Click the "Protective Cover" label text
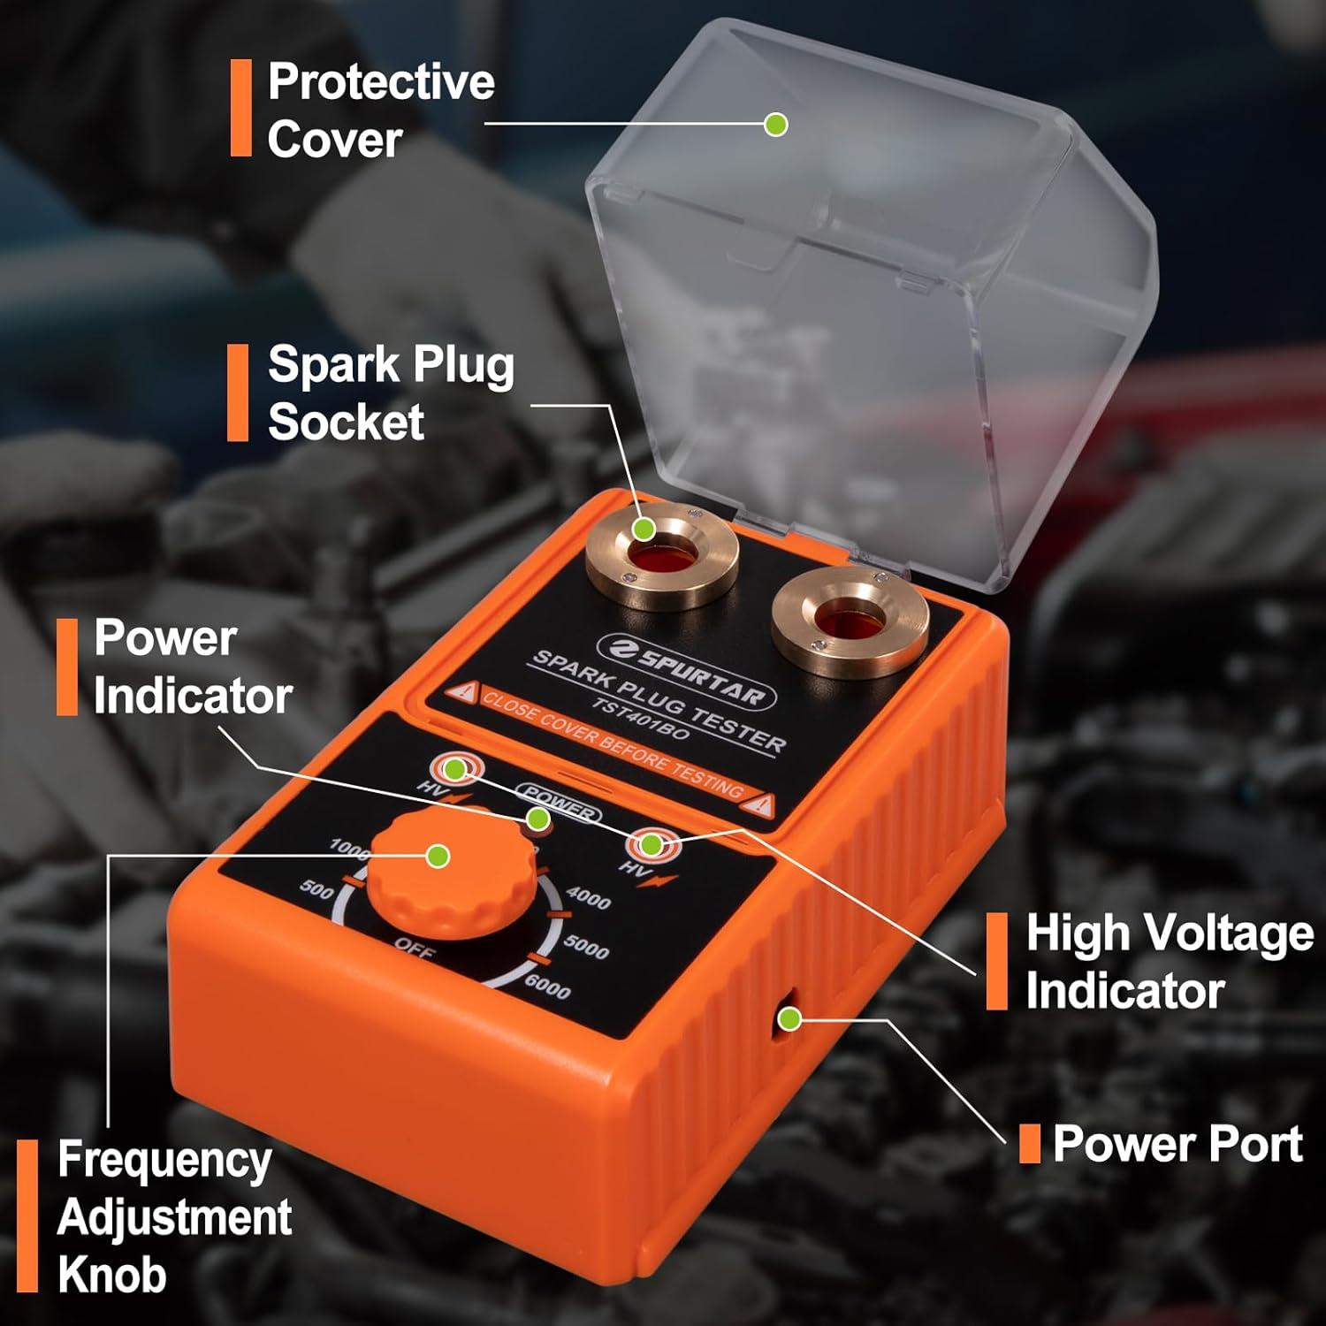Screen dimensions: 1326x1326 point(380,110)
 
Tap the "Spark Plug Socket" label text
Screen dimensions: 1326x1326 point(390,392)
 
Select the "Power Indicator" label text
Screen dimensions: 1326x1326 point(192,667)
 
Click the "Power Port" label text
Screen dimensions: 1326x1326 point(1177,1144)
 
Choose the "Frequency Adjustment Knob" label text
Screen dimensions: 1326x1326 point(173,1216)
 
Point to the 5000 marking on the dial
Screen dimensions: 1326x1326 point(585,947)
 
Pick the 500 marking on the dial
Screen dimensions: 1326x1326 point(316,888)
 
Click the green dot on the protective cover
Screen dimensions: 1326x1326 point(776,124)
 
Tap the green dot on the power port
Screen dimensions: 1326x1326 point(789,1019)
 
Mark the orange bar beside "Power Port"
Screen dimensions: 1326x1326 point(1029,1144)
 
